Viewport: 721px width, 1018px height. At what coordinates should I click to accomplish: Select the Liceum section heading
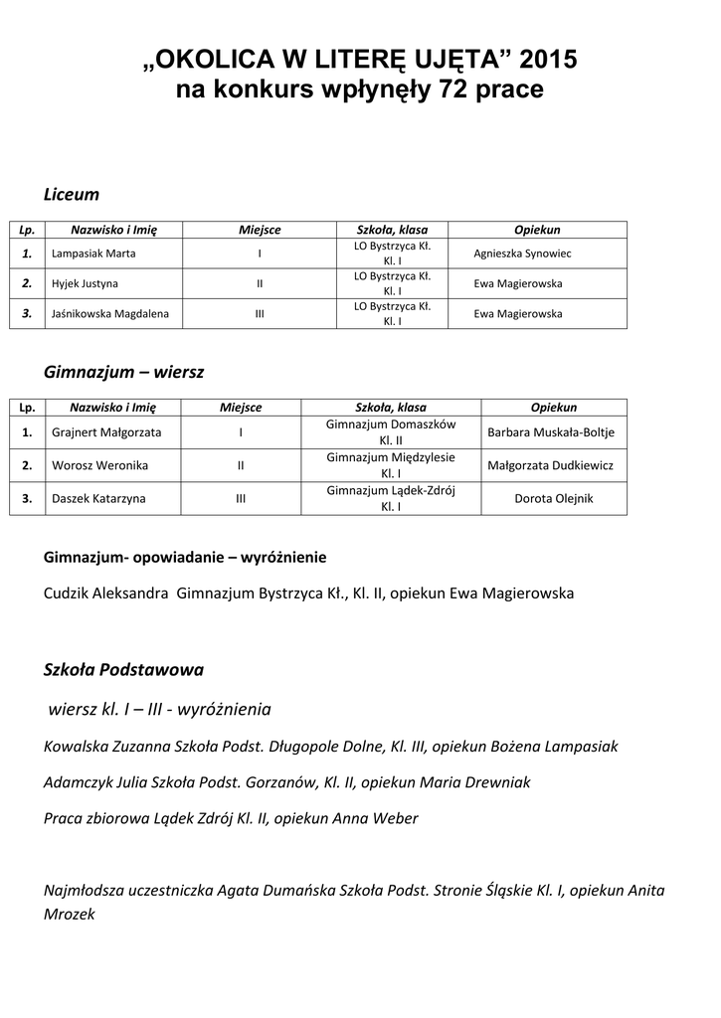[72, 194]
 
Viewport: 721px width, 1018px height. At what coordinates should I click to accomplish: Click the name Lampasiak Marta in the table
[93, 254]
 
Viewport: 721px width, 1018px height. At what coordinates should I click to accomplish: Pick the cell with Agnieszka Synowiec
[522, 254]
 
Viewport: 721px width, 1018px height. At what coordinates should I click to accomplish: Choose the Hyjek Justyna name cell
[85, 283]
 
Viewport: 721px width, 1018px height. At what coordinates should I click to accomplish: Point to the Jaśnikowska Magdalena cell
[109, 314]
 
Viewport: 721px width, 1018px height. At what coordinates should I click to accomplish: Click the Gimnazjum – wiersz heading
[124, 372]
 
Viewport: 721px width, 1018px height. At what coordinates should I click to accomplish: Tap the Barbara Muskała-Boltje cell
[551, 432]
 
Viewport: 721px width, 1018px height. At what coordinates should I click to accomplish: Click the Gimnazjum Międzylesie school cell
[391, 465]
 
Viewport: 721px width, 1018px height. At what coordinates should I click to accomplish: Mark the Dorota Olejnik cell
[553, 498]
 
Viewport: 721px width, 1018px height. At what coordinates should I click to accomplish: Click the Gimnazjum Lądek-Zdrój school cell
[391, 498]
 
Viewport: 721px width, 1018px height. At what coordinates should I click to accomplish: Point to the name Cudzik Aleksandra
[107, 594]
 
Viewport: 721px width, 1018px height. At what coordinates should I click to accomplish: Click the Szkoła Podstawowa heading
[124, 670]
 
